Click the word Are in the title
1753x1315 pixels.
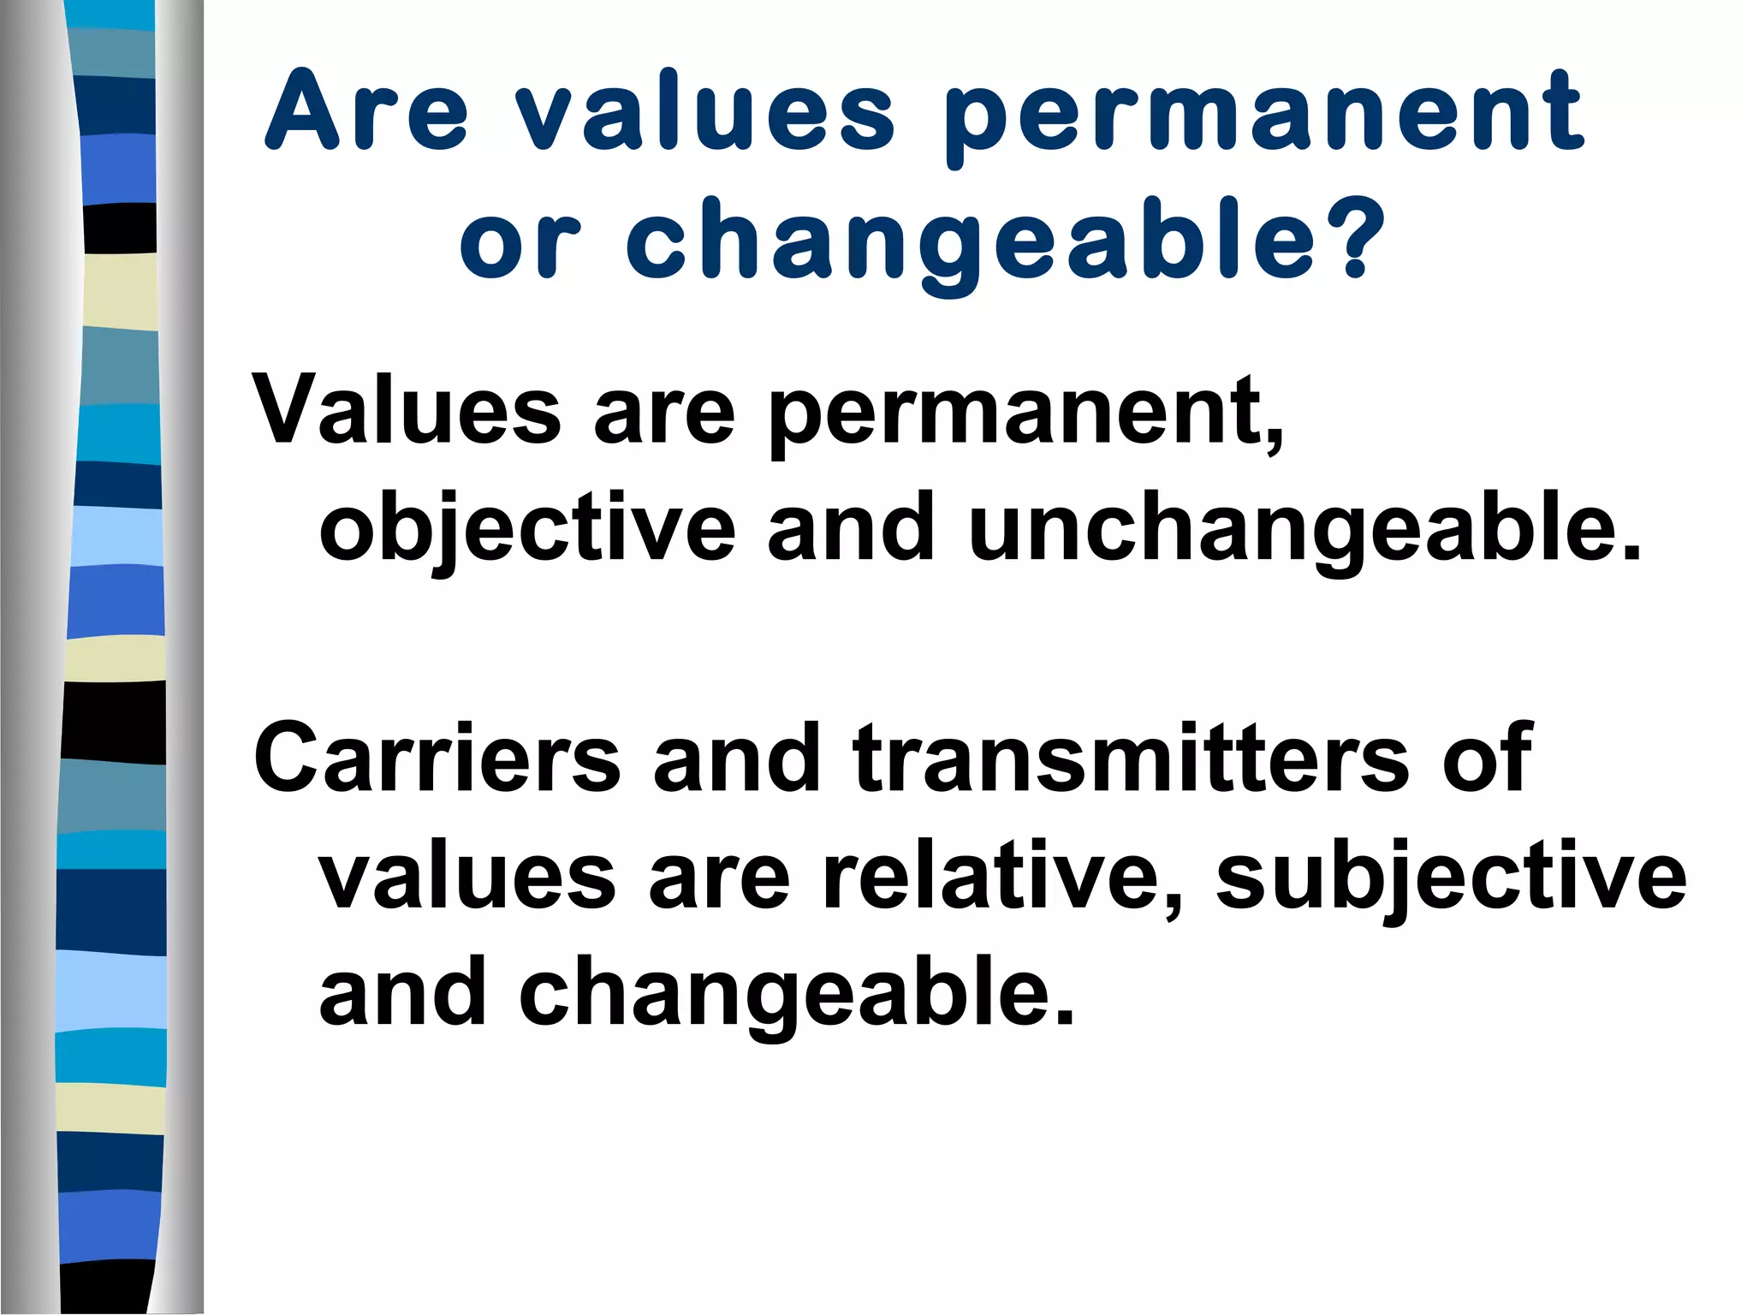[368, 111]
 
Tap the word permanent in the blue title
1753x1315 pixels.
[1265, 116]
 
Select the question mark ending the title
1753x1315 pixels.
[1359, 240]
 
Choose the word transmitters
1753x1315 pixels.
[1130, 758]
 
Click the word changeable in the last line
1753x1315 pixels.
[796, 993]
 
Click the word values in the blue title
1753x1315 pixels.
[705, 111]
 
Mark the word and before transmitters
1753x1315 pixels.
[736, 758]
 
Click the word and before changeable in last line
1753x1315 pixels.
[402, 993]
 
